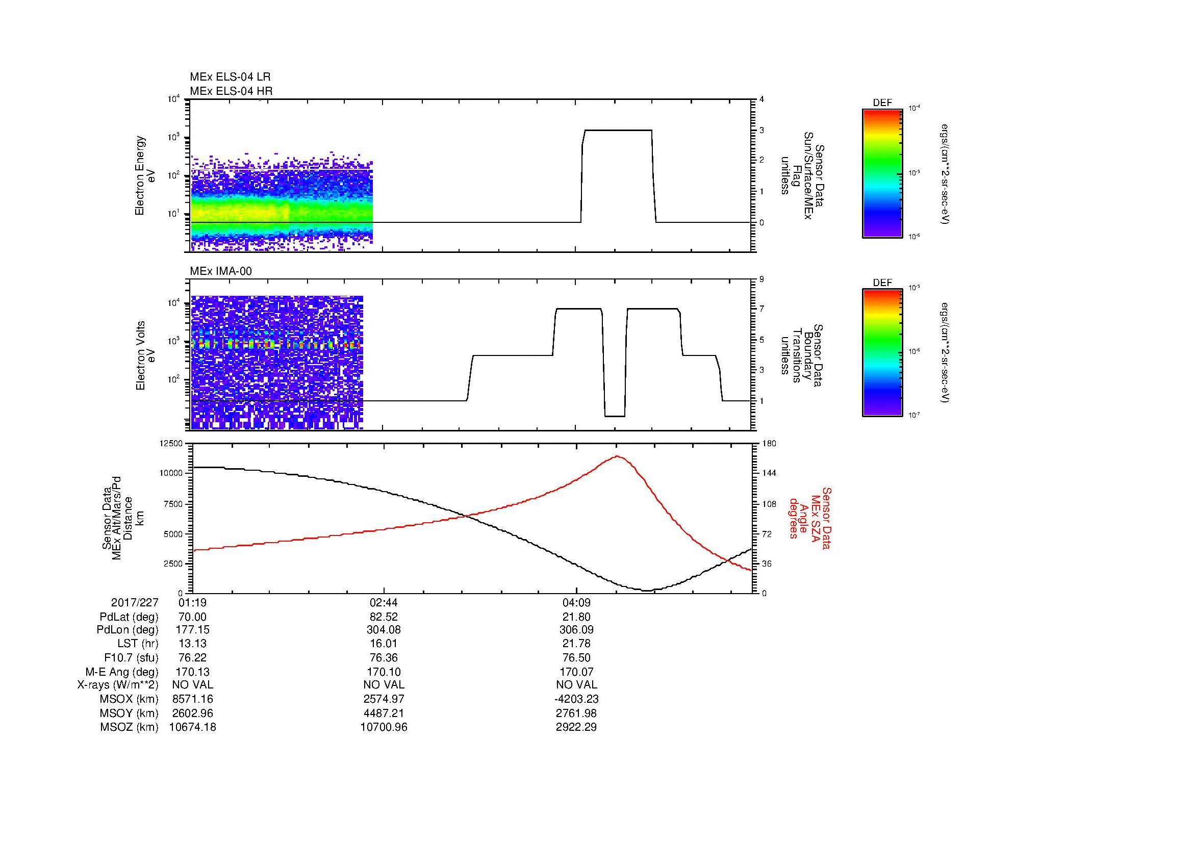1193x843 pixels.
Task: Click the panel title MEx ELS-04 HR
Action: (231, 91)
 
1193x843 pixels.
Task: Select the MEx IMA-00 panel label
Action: (221, 271)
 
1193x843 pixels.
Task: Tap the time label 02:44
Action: (384, 603)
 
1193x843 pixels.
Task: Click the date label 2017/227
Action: (135, 603)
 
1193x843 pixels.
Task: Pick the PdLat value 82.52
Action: (384, 617)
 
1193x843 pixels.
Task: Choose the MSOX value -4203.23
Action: (576, 699)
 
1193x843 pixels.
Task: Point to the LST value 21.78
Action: (576, 644)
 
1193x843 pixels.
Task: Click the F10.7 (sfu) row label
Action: (131, 658)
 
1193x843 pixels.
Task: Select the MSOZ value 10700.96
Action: (384, 727)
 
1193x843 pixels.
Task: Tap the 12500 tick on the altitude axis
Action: (172, 444)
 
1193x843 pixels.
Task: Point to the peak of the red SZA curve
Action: (617, 456)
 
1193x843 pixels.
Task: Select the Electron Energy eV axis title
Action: (145, 175)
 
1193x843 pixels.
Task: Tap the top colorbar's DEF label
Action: (882, 104)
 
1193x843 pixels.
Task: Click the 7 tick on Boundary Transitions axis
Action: (762, 309)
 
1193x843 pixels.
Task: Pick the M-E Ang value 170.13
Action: (193, 672)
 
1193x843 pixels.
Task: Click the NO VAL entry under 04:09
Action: (576, 685)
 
